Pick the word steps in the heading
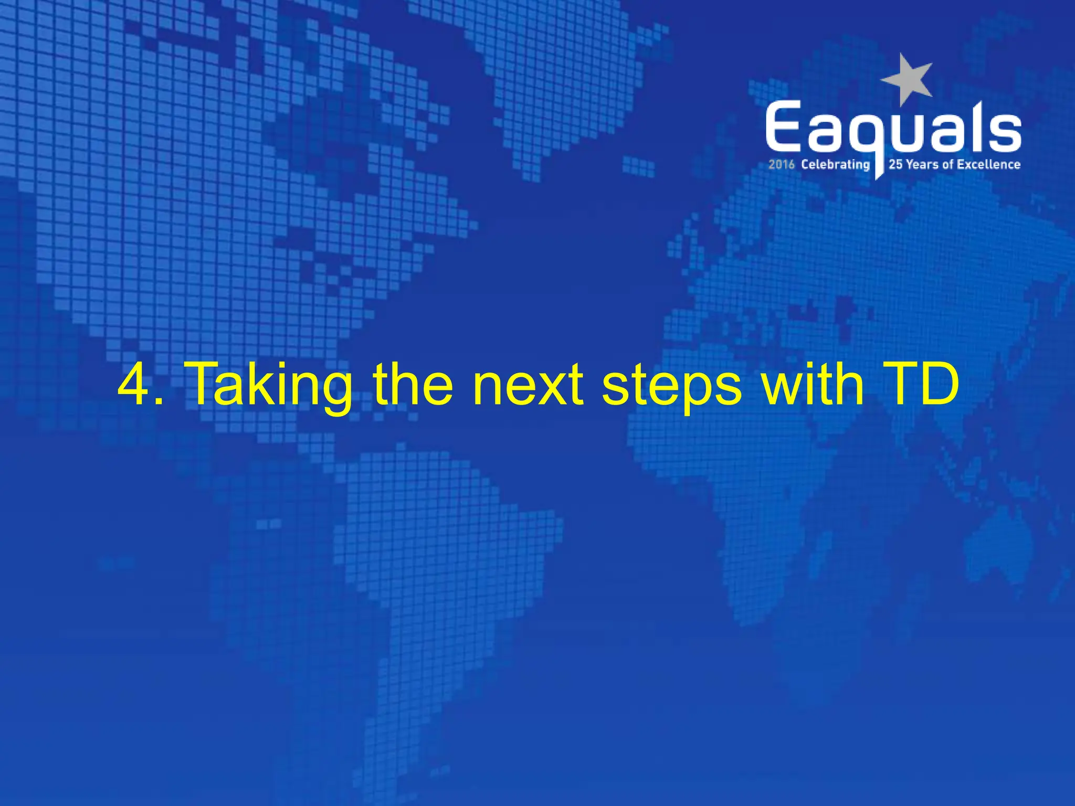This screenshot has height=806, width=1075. point(672,388)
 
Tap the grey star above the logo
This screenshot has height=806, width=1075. point(908,79)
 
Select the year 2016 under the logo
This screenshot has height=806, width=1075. point(782,165)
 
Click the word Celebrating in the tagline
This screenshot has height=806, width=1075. point(835,165)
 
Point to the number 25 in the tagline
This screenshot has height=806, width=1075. point(895,165)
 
